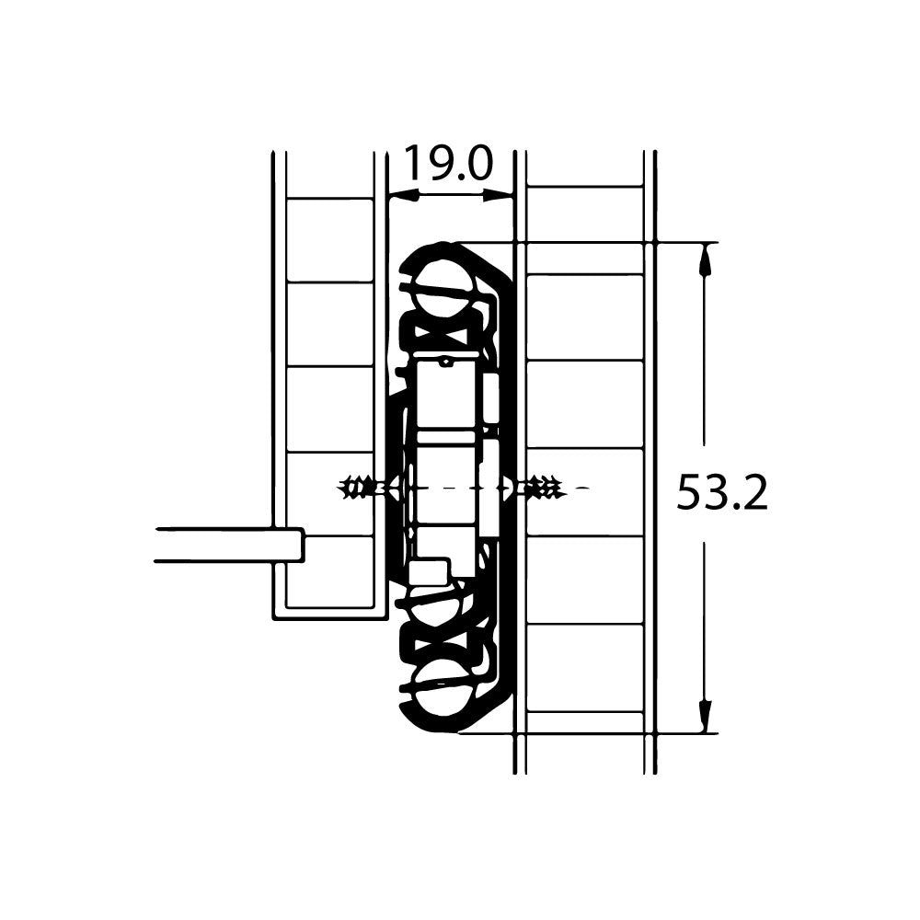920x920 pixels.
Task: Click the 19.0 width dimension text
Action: click(448, 164)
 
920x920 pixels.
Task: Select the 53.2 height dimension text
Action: click(721, 493)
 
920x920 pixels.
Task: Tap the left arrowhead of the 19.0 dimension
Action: click(403, 195)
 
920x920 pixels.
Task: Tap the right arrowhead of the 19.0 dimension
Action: click(498, 194)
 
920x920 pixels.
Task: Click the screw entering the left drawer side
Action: click(360, 488)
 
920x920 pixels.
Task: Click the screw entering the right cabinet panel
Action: click(545, 488)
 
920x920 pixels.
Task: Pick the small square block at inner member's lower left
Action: click(427, 571)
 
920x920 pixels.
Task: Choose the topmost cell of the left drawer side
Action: click(329, 239)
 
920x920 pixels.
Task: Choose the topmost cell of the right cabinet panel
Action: click(584, 214)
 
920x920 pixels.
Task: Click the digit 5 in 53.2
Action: click(691, 493)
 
